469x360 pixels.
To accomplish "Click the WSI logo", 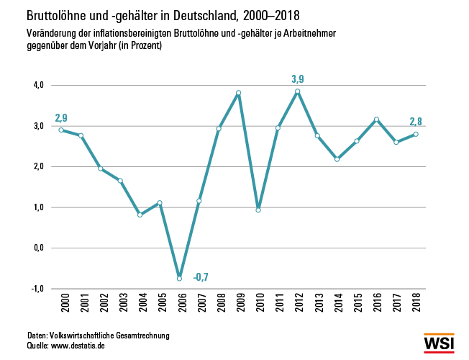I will pyautogui.click(x=439, y=343).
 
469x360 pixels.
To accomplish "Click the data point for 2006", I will pyautogui.click(x=179, y=279).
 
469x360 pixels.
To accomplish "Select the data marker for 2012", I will pyautogui.click(x=297, y=91).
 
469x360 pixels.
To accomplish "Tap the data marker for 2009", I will pyautogui.click(x=238, y=93).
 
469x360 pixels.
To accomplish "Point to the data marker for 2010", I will pyautogui.click(x=258, y=210).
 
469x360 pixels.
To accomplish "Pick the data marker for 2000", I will pyautogui.click(x=61, y=130).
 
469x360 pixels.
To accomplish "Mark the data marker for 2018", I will pyautogui.click(x=416, y=134).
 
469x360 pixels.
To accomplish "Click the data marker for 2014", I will pyautogui.click(x=337, y=159).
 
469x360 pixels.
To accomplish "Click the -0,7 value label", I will pyautogui.click(x=201, y=276).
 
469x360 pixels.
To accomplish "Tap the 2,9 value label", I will pyautogui.click(x=62, y=117).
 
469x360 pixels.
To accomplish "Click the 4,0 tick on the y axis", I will pyautogui.click(x=37, y=85).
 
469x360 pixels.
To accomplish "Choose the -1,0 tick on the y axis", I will pyautogui.click(x=37, y=288).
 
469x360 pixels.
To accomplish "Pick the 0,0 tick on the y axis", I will pyautogui.click(x=37, y=248).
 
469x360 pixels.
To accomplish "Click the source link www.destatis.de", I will pyautogui.click(x=79, y=346).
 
